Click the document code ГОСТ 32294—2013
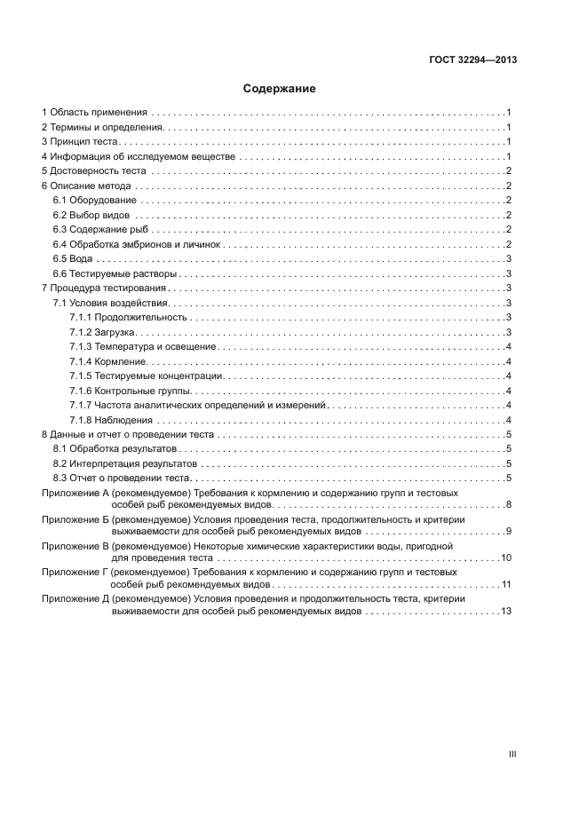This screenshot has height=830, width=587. click(x=473, y=60)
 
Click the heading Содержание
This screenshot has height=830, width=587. click(x=279, y=89)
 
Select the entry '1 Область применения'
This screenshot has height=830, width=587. click(x=93, y=113)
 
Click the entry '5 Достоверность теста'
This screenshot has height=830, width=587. click(x=95, y=171)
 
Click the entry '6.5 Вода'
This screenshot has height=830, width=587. click(x=73, y=259)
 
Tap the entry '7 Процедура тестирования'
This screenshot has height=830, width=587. click(x=105, y=289)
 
